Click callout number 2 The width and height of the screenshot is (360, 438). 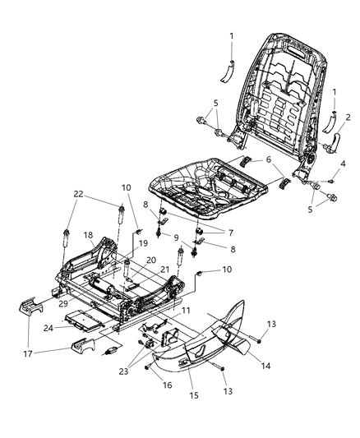(348, 118)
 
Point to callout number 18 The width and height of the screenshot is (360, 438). (87, 234)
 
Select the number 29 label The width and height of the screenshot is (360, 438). (62, 303)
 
